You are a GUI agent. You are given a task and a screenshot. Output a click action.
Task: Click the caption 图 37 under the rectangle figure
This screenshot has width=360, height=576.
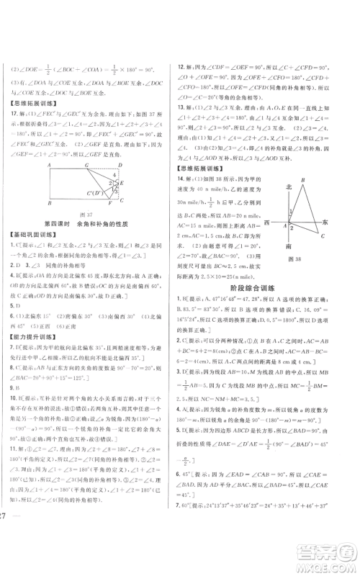coord(90,234)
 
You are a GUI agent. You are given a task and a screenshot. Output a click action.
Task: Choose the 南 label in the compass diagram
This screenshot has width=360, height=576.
coord(289,246)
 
